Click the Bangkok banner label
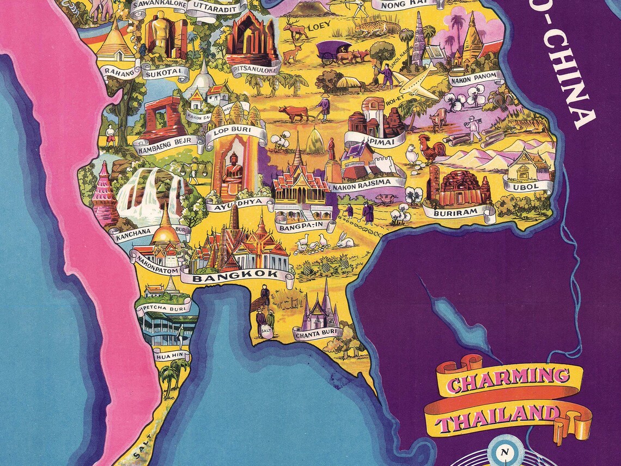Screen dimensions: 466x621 (x=236, y=276)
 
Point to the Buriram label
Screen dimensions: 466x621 (x=458, y=211)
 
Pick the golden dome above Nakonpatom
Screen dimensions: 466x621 (x=165, y=232)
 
